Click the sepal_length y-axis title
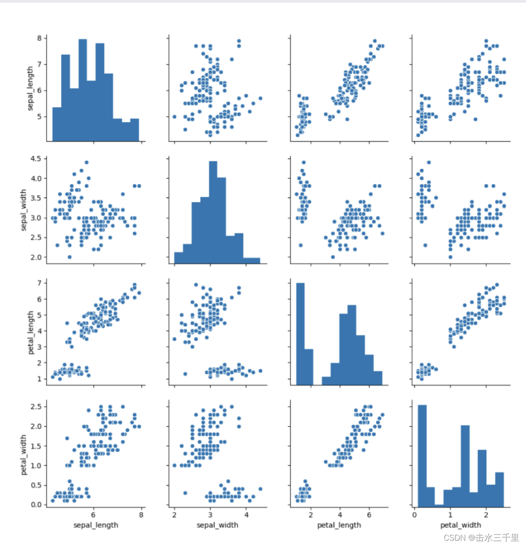point(30,88)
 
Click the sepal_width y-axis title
point(23,210)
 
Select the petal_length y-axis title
point(30,332)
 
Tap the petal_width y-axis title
point(23,455)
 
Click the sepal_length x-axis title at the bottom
point(96,524)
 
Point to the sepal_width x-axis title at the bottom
point(217,524)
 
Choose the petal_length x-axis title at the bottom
point(339,524)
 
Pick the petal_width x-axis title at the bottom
point(460,524)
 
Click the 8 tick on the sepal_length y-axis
point(39,38)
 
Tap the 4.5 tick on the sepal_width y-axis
point(36,159)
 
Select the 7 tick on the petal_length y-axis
point(39,283)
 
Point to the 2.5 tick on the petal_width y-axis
point(36,407)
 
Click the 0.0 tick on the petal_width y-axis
point(36,505)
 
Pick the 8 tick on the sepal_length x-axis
point(141,515)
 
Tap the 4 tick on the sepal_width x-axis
point(246,515)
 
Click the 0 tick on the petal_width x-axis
point(415,515)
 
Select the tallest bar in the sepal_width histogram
point(213,212)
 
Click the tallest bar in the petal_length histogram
point(300,334)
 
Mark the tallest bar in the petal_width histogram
point(422,455)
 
